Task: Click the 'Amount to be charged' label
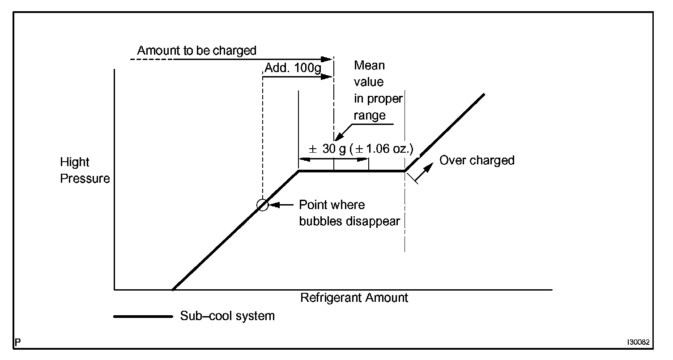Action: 196,50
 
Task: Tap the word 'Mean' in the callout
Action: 369,65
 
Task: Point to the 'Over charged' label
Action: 477,160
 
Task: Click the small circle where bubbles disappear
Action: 263,205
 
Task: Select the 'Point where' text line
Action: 332,205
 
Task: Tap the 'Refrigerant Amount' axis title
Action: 354,297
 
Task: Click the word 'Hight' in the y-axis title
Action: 75,162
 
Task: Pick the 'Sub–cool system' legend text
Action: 227,316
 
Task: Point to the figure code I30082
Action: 637,342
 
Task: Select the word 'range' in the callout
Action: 369,116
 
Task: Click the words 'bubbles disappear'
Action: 349,221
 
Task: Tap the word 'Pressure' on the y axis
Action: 85,179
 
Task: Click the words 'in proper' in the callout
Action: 378,99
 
